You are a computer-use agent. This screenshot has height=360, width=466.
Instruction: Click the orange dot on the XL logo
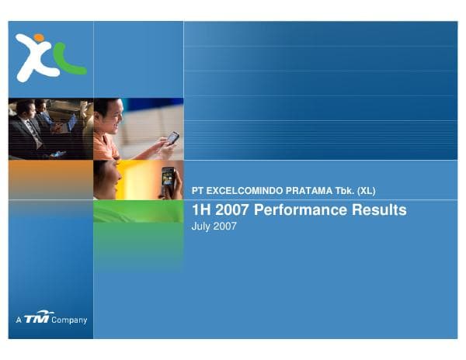click(x=39, y=37)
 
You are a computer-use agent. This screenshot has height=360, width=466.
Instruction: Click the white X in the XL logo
click(x=35, y=59)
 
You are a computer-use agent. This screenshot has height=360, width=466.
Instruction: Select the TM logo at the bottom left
click(x=38, y=317)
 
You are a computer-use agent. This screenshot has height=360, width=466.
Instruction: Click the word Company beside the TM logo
click(x=69, y=320)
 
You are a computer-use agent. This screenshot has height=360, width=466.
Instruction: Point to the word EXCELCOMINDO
click(x=245, y=191)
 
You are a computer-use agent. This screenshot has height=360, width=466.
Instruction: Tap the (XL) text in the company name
click(x=366, y=191)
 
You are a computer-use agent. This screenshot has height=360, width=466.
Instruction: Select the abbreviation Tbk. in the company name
click(x=345, y=191)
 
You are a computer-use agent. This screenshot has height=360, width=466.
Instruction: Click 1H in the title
click(x=201, y=209)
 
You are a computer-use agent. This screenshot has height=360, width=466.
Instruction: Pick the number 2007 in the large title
click(x=232, y=209)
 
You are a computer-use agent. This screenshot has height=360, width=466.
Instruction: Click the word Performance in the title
click(x=301, y=209)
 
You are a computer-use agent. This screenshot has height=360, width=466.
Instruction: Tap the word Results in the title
click(x=379, y=209)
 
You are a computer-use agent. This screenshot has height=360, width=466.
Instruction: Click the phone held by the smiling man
click(x=172, y=138)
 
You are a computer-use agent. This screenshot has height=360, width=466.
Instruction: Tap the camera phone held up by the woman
click(x=168, y=177)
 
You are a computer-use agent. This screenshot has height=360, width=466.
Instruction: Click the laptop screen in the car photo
click(x=72, y=123)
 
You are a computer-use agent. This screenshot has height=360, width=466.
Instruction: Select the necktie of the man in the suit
click(x=33, y=133)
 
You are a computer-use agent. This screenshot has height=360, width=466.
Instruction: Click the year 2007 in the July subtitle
click(x=224, y=226)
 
